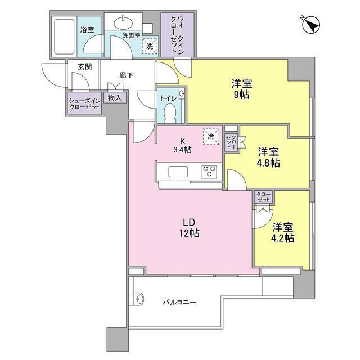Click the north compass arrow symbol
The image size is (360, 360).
(311, 25)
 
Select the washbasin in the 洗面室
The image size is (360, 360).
(123, 22)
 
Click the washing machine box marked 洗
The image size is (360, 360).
(149, 47)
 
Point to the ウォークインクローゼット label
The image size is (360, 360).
(177, 35)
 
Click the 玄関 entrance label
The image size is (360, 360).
(85, 67)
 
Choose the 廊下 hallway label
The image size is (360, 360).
(125, 74)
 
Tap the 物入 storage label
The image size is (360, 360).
(115, 98)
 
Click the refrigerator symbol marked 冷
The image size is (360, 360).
(211, 136)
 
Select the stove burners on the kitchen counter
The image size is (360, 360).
(210, 171)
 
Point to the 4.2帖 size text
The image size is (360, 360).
(283, 238)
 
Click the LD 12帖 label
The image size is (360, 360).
(188, 228)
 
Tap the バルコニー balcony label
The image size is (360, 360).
(179, 302)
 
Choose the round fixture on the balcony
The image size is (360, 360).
(138, 298)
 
